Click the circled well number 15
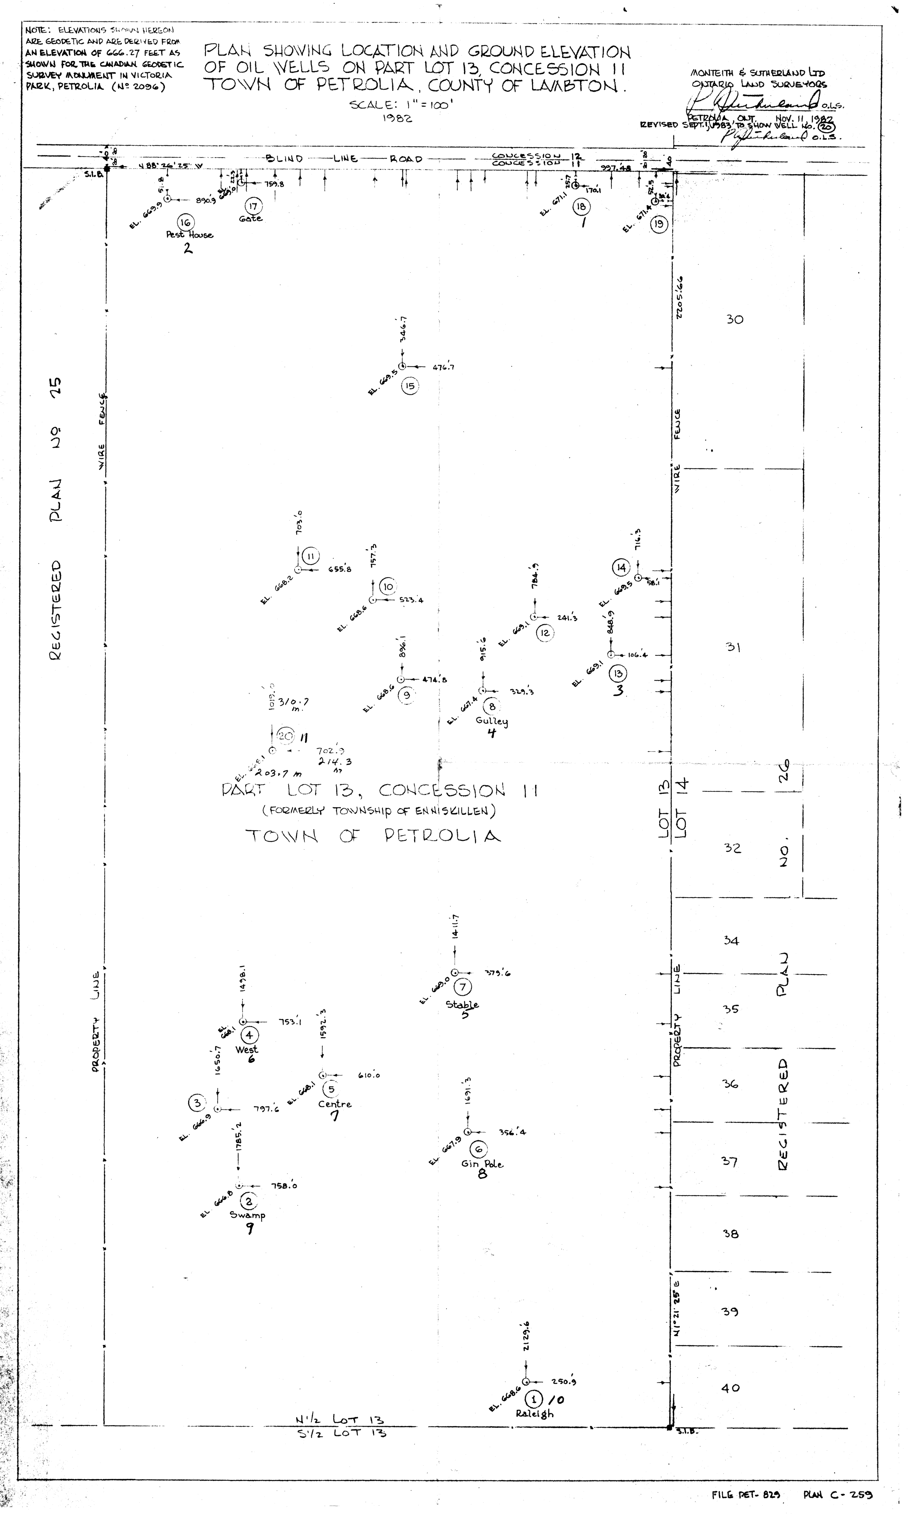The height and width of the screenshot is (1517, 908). pyautogui.click(x=409, y=386)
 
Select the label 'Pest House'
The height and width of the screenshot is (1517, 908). pyautogui.click(x=190, y=235)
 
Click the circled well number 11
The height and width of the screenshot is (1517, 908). pyautogui.click(x=311, y=556)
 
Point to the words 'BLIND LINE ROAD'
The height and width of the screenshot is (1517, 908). pyautogui.click(x=344, y=159)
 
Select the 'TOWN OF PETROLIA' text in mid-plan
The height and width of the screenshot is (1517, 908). pyautogui.click(x=373, y=836)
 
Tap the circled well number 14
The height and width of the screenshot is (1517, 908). pyautogui.click(x=621, y=568)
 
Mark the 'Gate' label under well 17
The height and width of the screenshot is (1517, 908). pyautogui.click(x=251, y=218)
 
